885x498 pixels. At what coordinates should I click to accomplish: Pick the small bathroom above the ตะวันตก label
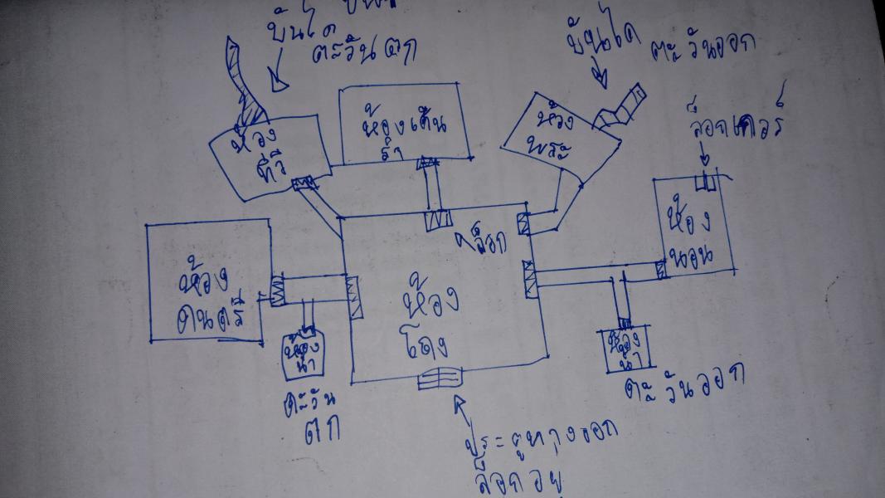(x=302, y=354)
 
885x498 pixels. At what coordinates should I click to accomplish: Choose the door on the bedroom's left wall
(x=660, y=269)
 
